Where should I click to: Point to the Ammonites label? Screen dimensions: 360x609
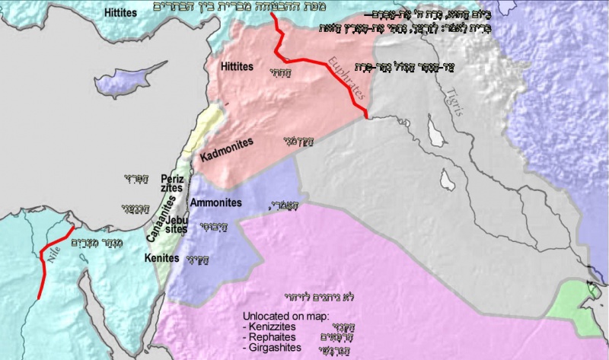pyautogui.click(x=216, y=204)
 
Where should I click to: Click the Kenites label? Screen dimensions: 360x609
pyautogui.click(x=161, y=259)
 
